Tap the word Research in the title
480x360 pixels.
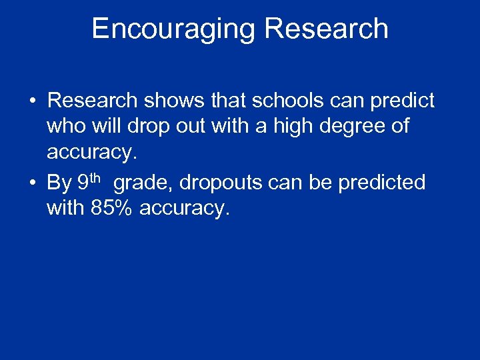click(x=326, y=29)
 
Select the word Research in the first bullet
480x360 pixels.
click(x=93, y=101)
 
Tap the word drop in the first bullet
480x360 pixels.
click(x=149, y=126)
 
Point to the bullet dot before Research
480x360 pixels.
click(x=32, y=101)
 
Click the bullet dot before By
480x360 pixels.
click(x=32, y=183)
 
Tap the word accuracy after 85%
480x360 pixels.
click(x=185, y=208)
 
